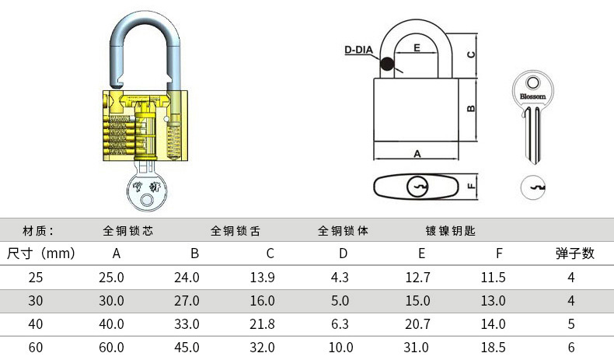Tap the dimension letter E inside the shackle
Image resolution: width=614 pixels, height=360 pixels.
[x=417, y=48]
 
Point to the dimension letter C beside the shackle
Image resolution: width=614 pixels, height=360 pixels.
[x=470, y=55]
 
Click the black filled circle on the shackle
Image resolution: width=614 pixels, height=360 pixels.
[x=387, y=66]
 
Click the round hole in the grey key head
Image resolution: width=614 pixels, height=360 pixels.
[x=532, y=82]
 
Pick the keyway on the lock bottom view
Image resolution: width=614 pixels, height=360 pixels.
[x=418, y=187]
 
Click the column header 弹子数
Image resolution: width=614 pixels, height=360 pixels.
[x=574, y=253]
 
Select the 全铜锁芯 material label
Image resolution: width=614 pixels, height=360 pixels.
[x=127, y=230]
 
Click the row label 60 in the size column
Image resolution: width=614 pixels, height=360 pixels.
[x=36, y=347]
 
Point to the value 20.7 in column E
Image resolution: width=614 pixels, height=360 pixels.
[x=417, y=323]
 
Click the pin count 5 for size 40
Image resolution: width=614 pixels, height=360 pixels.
[x=571, y=323]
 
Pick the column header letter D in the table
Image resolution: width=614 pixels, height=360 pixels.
[x=343, y=253]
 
